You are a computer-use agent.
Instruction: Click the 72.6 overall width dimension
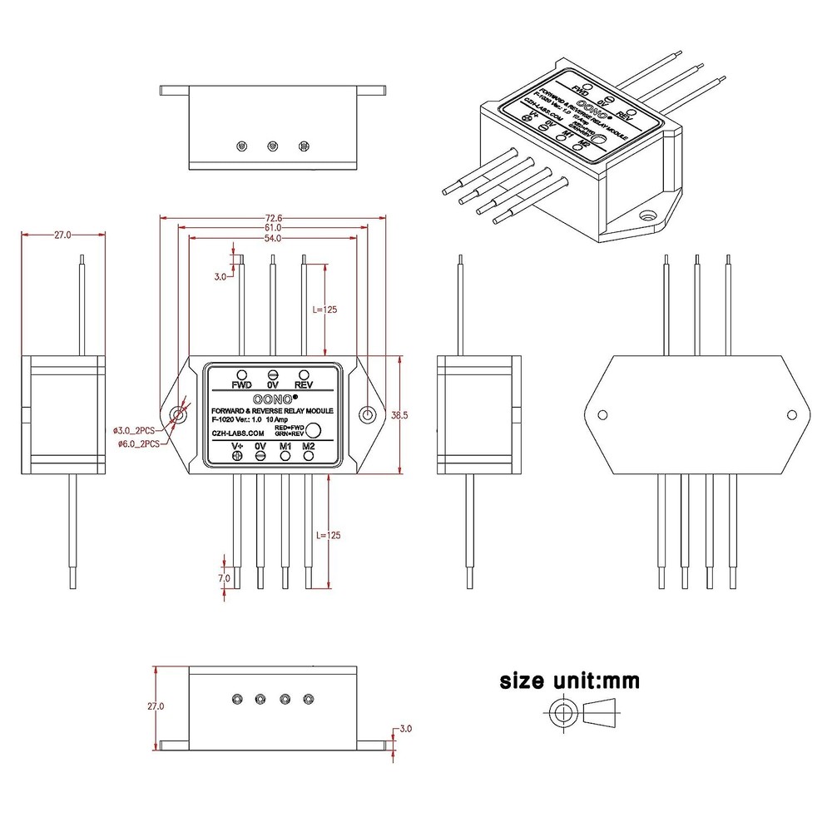tap(273, 218)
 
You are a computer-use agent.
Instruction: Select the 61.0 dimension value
tap(273, 228)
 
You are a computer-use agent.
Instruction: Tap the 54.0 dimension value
tap(273, 239)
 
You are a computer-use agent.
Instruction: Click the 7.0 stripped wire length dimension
tap(224, 577)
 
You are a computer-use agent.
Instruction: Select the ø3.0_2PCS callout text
tap(135, 430)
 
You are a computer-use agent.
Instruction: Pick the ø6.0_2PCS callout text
tap(135, 444)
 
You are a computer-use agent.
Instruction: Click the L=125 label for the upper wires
tap(325, 310)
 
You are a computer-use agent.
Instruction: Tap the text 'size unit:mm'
tap(569, 681)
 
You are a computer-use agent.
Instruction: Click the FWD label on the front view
tap(241, 386)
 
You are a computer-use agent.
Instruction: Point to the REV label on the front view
tap(304, 386)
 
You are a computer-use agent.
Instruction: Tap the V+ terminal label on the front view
tap(236, 447)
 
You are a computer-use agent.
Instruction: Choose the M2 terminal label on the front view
tap(309, 447)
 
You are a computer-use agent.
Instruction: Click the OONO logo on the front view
tap(270, 399)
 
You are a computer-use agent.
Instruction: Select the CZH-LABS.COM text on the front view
tap(238, 433)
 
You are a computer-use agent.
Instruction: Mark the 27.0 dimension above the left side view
tap(63, 235)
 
